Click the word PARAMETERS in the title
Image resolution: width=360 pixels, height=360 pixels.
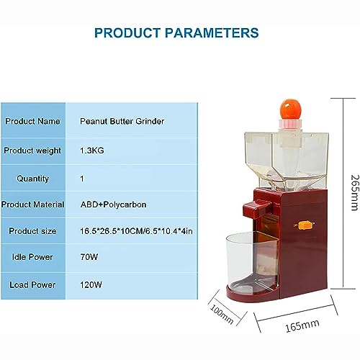coord(212,33)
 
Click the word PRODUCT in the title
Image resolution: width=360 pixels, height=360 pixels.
coord(127,33)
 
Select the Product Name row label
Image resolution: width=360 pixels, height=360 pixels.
coord(32,121)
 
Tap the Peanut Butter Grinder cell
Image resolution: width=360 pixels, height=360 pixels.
coord(122,121)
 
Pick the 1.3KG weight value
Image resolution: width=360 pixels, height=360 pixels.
coord(92,150)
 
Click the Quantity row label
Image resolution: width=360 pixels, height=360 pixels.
coord(32,179)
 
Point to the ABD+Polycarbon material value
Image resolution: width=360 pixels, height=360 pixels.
coord(113,204)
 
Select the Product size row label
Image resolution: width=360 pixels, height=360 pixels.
coord(32,231)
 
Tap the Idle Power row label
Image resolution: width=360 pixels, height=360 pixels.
coord(32,257)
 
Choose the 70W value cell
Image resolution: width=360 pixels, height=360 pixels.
coord(89,257)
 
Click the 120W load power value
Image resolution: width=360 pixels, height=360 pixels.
coord(91,285)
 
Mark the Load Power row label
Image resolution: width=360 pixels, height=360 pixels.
coord(32,285)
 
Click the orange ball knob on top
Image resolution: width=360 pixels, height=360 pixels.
coord(290,109)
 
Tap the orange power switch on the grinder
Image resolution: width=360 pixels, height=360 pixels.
coord(305,225)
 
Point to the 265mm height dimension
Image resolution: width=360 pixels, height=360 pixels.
coord(355,193)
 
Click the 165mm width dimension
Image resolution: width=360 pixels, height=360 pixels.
coord(302,325)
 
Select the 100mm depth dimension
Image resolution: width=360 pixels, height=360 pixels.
coord(222,314)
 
